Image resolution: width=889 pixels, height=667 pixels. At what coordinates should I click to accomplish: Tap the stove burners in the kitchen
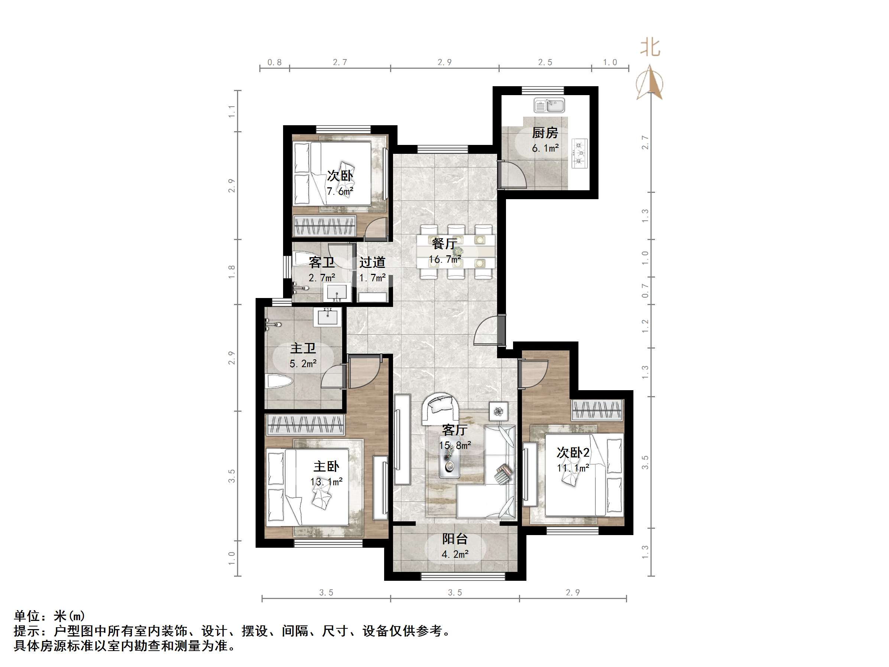(580, 153)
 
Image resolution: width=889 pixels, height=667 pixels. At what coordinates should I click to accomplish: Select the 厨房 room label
(545, 133)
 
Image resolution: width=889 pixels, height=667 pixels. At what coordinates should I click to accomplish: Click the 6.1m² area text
(545, 148)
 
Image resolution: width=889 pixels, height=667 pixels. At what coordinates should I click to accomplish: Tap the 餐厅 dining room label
(444, 244)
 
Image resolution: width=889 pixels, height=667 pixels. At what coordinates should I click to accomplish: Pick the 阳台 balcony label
(455, 539)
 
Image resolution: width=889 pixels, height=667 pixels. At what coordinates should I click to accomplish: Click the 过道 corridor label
(372, 263)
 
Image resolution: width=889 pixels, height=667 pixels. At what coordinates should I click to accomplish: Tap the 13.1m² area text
(326, 481)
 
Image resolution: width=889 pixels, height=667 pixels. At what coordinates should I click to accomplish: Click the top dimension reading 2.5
(545, 62)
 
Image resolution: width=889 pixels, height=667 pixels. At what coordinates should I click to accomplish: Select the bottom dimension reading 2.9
(573, 592)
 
